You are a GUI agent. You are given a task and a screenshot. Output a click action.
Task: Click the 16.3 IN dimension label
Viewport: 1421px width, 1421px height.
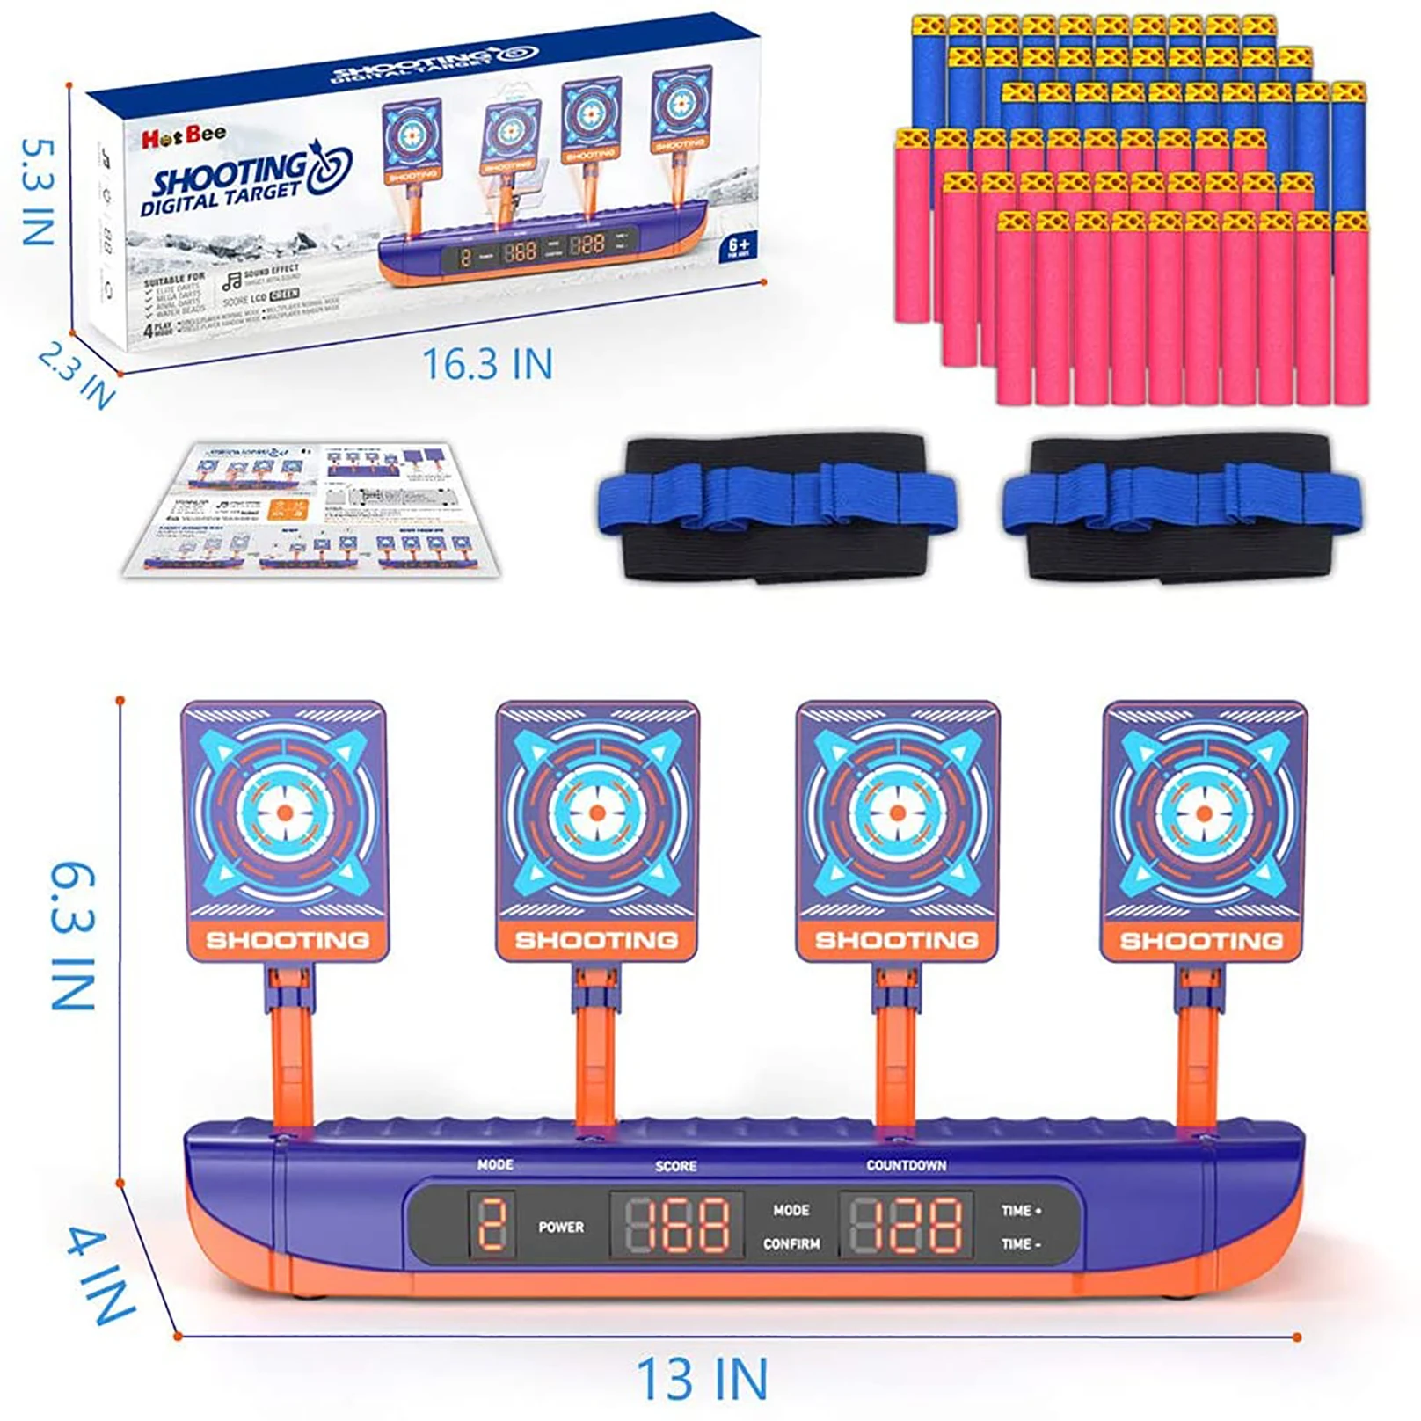click(488, 364)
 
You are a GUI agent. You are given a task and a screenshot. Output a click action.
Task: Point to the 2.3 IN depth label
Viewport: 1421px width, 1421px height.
click(77, 375)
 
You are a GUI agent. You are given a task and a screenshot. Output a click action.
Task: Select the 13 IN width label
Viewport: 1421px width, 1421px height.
click(702, 1378)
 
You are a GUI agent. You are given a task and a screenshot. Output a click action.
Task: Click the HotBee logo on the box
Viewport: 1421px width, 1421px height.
click(184, 136)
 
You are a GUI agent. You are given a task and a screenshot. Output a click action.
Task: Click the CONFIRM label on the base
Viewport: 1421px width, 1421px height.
click(791, 1243)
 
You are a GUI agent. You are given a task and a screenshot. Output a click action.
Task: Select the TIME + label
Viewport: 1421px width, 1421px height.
click(1021, 1211)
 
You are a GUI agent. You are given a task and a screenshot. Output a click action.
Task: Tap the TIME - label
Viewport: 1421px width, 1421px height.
click(1021, 1243)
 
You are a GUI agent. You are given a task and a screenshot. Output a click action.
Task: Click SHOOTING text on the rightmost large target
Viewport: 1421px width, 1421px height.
click(1201, 941)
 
